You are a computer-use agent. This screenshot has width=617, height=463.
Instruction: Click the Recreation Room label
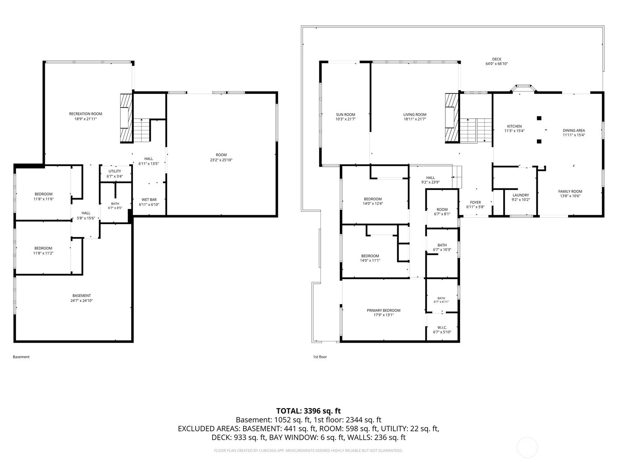[x=86, y=114]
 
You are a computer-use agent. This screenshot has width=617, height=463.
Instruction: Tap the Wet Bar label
[x=149, y=199]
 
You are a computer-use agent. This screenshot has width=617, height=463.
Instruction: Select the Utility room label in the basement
[x=115, y=171]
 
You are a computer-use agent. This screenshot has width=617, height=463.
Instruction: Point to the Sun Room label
[x=346, y=115]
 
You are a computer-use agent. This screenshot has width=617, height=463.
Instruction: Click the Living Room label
[x=415, y=115]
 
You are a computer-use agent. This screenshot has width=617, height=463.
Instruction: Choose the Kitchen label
[x=514, y=126]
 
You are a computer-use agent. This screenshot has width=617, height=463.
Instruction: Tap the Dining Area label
[x=574, y=130]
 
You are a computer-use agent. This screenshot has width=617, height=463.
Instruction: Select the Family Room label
[x=570, y=191]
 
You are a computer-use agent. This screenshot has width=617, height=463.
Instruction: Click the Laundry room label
[x=521, y=195]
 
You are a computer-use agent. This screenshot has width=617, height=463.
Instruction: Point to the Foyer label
[x=475, y=203]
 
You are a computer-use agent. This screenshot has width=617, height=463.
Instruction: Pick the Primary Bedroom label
[x=383, y=310]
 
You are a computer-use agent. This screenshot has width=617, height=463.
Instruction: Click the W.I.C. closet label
[x=442, y=328]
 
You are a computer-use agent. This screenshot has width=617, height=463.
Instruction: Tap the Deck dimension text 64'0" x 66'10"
[x=497, y=64]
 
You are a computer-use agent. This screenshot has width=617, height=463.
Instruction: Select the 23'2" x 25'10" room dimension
[x=221, y=160]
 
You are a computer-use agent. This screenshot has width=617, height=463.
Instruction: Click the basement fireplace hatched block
[x=126, y=118]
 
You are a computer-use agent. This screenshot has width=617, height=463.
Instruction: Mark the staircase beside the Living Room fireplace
[x=475, y=130]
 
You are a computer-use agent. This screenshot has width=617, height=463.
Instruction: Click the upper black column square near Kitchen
[x=539, y=118]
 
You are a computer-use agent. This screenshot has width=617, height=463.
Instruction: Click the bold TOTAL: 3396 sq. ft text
[x=308, y=411]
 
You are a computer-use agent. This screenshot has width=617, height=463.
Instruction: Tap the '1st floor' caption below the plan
[x=320, y=357]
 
